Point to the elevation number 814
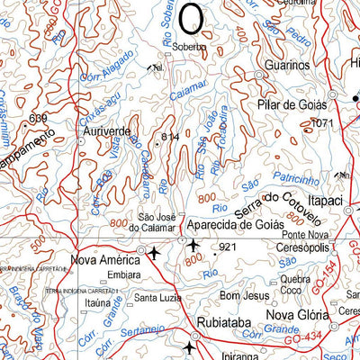click(172, 136)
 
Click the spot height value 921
click(227, 246)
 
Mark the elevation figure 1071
click(321, 121)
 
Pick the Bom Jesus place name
click(244, 295)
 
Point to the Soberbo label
click(190, 46)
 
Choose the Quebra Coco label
click(294, 284)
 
